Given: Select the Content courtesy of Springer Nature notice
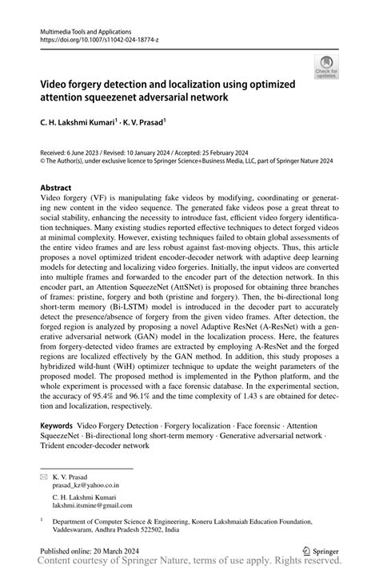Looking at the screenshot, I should click(x=189, y=566).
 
